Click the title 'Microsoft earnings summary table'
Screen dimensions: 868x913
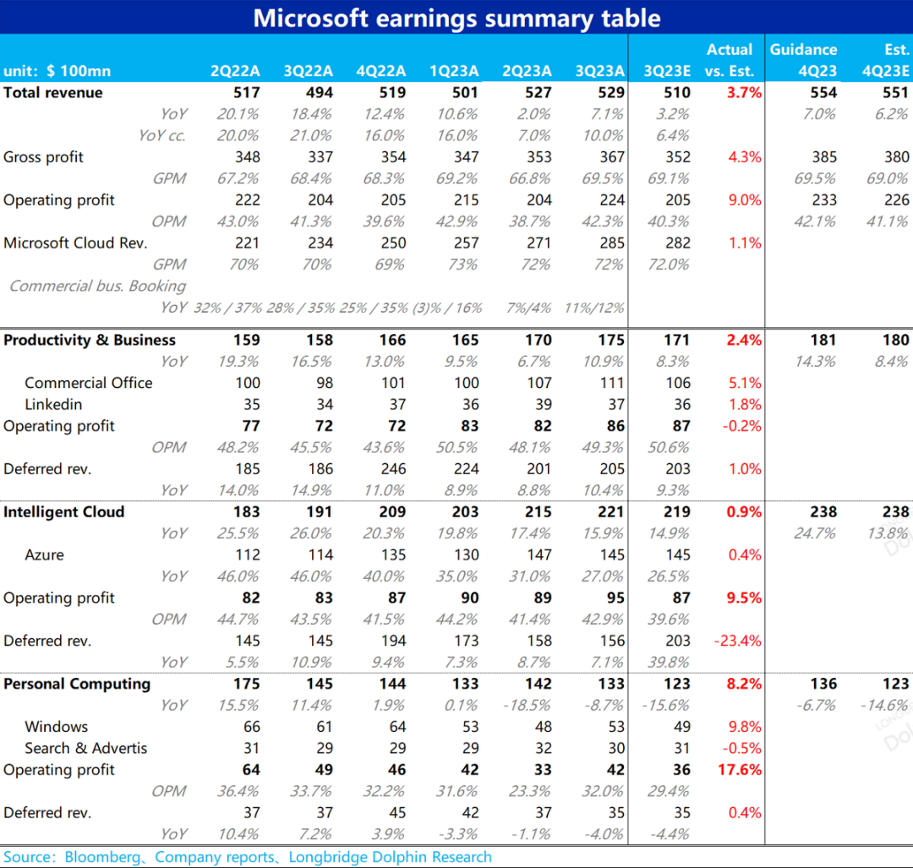point(456,18)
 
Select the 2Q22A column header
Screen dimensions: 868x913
point(235,71)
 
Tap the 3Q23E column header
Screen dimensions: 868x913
point(667,71)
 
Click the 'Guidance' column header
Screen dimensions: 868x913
point(803,50)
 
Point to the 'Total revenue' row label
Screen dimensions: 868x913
point(53,93)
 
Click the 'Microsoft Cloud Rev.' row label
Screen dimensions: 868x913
point(75,243)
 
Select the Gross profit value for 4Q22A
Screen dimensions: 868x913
point(393,157)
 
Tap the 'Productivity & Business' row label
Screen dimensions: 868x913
point(90,341)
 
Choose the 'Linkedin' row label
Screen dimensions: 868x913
point(53,405)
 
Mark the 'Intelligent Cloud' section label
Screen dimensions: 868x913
point(63,512)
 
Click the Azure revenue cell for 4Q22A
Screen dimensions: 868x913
point(393,555)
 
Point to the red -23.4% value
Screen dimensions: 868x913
point(738,641)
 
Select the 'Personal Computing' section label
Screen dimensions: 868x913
point(77,684)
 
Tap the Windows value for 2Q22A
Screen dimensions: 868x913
point(251,727)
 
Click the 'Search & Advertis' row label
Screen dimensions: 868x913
point(85,748)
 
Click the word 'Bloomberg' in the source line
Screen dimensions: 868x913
point(106,857)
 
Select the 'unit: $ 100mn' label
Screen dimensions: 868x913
point(57,71)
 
